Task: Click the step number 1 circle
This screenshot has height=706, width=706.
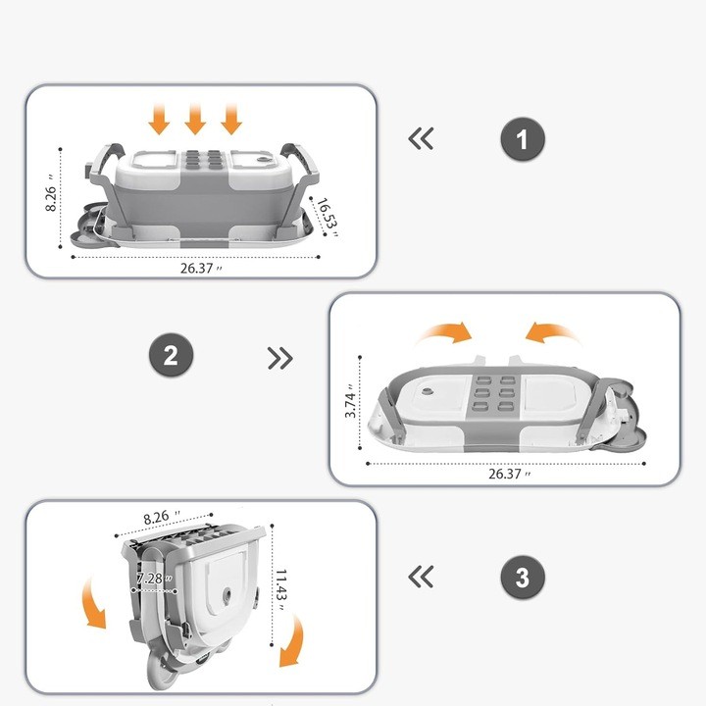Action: tap(522, 139)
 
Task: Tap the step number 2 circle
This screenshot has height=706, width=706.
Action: tap(171, 355)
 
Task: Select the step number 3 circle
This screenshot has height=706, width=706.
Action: tap(522, 578)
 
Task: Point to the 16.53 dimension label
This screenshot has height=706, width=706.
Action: tap(327, 214)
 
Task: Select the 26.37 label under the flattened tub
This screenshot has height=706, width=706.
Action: tap(507, 474)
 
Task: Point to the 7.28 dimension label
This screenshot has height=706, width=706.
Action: tap(154, 580)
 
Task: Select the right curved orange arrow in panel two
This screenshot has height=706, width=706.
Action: tap(553, 334)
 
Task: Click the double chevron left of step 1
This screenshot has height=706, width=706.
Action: tap(421, 139)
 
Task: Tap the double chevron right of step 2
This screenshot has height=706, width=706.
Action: tap(280, 358)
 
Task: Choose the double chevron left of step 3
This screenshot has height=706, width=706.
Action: tap(421, 577)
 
